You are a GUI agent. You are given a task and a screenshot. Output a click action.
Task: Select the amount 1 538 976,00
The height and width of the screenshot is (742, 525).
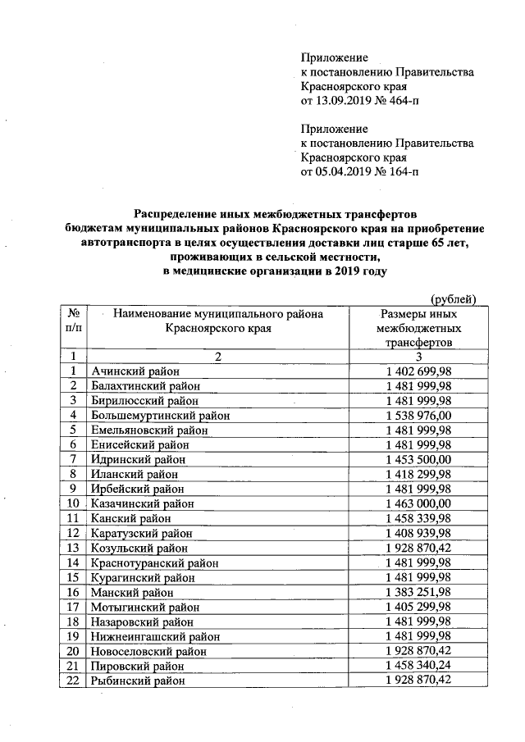click(x=418, y=416)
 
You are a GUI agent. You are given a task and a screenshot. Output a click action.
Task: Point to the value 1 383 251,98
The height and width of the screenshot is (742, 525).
click(x=418, y=592)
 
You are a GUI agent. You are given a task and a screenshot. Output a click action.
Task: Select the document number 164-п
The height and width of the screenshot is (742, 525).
click(x=398, y=172)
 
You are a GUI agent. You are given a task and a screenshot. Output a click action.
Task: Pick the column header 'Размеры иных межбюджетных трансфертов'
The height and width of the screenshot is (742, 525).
click(x=418, y=328)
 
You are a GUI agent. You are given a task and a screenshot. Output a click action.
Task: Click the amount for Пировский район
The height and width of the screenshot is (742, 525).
click(x=418, y=665)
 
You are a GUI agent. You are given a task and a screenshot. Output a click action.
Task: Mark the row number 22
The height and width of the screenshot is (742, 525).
click(x=74, y=680)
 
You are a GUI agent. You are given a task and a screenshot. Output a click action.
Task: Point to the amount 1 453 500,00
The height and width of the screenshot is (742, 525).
click(x=418, y=459)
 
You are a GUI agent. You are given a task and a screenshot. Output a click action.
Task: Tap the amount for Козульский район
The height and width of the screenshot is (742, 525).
click(x=418, y=548)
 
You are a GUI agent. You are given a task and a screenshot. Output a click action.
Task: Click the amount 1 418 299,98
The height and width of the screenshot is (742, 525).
click(x=418, y=474)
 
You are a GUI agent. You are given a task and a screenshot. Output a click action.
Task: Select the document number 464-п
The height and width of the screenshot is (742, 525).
click(x=398, y=101)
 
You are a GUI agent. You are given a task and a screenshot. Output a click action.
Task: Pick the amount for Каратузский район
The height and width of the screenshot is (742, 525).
click(x=418, y=533)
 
